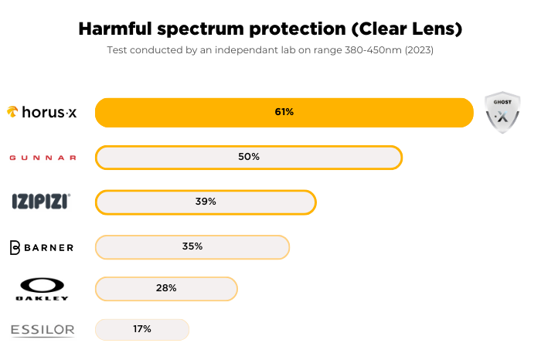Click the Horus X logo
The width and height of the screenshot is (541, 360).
coord(41,112)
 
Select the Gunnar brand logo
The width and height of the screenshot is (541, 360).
coord(43,158)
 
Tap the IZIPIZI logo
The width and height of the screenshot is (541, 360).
coord(41,202)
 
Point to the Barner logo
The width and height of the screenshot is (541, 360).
coord(42,247)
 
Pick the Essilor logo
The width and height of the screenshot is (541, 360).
coord(43,331)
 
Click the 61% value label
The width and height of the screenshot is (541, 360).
coord(284,112)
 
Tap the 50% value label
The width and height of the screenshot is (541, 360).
coord(249,157)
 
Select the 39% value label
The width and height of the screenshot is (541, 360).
coord(206,202)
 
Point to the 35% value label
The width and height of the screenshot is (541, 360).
coord(192,246)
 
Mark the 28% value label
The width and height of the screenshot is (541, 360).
coord(166,288)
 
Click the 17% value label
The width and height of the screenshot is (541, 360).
coord(141,329)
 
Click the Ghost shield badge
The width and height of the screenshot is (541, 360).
coord(502,113)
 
